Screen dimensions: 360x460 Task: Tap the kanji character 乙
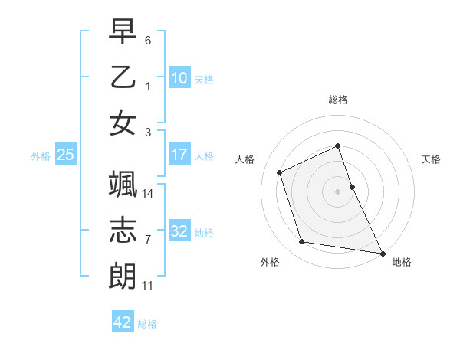(x=123, y=77)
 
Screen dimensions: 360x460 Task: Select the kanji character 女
(x=123, y=123)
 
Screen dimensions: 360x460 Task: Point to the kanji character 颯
(x=123, y=185)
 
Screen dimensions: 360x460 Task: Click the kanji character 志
(x=123, y=231)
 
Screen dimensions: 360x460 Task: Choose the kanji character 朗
(x=123, y=277)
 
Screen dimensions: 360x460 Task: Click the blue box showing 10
(x=179, y=77)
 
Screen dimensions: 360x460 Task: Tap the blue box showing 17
(x=179, y=155)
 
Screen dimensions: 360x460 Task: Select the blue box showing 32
(x=179, y=231)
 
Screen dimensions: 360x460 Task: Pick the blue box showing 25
(x=66, y=155)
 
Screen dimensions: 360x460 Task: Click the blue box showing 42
(x=123, y=322)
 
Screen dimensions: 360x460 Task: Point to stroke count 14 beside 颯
(x=149, y=194)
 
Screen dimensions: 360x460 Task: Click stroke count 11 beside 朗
(x=148, y=286)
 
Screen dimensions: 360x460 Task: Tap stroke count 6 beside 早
(x=148, y=40)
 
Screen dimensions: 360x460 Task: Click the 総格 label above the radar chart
(x=338, y=100)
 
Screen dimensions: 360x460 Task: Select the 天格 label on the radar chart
(x=431, y=159)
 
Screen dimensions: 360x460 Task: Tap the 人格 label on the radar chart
(x=245, y=159)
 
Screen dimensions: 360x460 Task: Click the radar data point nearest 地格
(x=382, y=252)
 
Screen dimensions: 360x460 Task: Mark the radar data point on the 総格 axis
(x=338, y=146)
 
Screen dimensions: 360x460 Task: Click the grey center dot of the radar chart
(x=338, y=191)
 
